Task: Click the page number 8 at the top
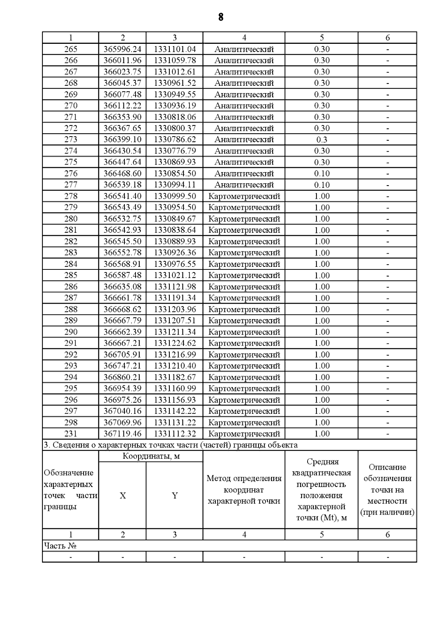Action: tap(221, 17)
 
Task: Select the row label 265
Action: tap(71, 49)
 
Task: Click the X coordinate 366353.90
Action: tap(122, 117)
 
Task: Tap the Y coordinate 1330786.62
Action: tap(175, 140)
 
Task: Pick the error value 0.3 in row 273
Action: tap(322, 140)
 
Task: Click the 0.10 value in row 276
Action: tap(322, 173)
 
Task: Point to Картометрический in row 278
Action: tap(244, 196)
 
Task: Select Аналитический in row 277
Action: tap(244, 185)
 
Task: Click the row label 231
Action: tap(71, 434)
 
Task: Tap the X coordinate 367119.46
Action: tap(122, 434)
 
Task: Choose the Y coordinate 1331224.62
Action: tap(175, 343)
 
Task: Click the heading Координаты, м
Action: tap(151, 456)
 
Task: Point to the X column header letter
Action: tap(123, 496)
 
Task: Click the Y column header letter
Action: tap(175, 496)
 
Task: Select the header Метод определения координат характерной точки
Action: tap(244, 490)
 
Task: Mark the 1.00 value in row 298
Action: tap(322, 422)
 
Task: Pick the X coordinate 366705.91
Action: tap(122, 354)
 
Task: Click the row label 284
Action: tap(71, 264)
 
